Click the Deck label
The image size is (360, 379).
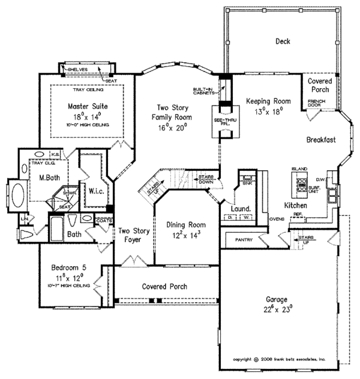tap(283, 41)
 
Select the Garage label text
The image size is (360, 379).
tap(278, 299)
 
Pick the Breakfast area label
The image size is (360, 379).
tap(320, 139)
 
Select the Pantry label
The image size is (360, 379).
tap(244, 240)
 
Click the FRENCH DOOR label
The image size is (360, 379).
tap(316, 103)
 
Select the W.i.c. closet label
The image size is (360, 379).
tap(94, 192)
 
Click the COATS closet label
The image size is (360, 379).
tap(104, 220)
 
